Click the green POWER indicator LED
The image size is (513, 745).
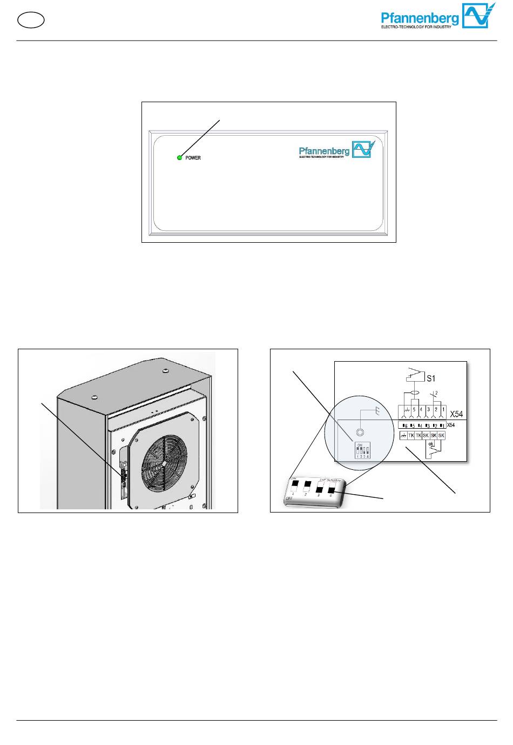(x=180, y=157)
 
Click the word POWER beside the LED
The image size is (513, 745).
(x=193, y=158)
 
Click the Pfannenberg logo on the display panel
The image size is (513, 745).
(x=336, y=150)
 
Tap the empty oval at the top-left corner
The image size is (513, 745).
(x=31, y=20)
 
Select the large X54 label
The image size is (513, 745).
(x=456, y=414)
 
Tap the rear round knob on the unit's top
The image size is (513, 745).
(x=165, y=371)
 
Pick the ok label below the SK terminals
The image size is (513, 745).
(x=431, y=444)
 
